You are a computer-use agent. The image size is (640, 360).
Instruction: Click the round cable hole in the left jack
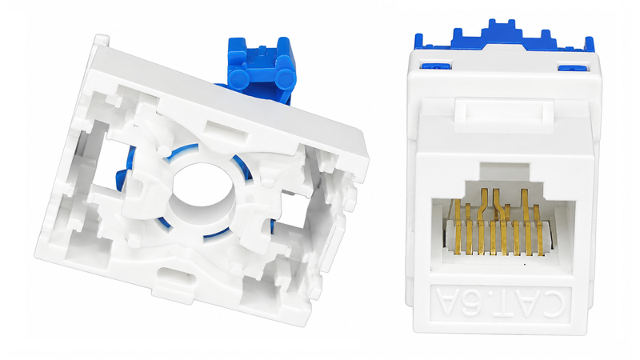[202, 191]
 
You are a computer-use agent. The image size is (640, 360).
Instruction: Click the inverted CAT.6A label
[501, 303]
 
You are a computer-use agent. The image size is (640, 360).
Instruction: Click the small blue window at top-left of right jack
[436, 65]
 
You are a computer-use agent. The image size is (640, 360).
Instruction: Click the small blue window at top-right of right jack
[573, 67]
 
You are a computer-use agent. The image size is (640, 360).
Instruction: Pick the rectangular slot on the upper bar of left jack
[226, 129]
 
